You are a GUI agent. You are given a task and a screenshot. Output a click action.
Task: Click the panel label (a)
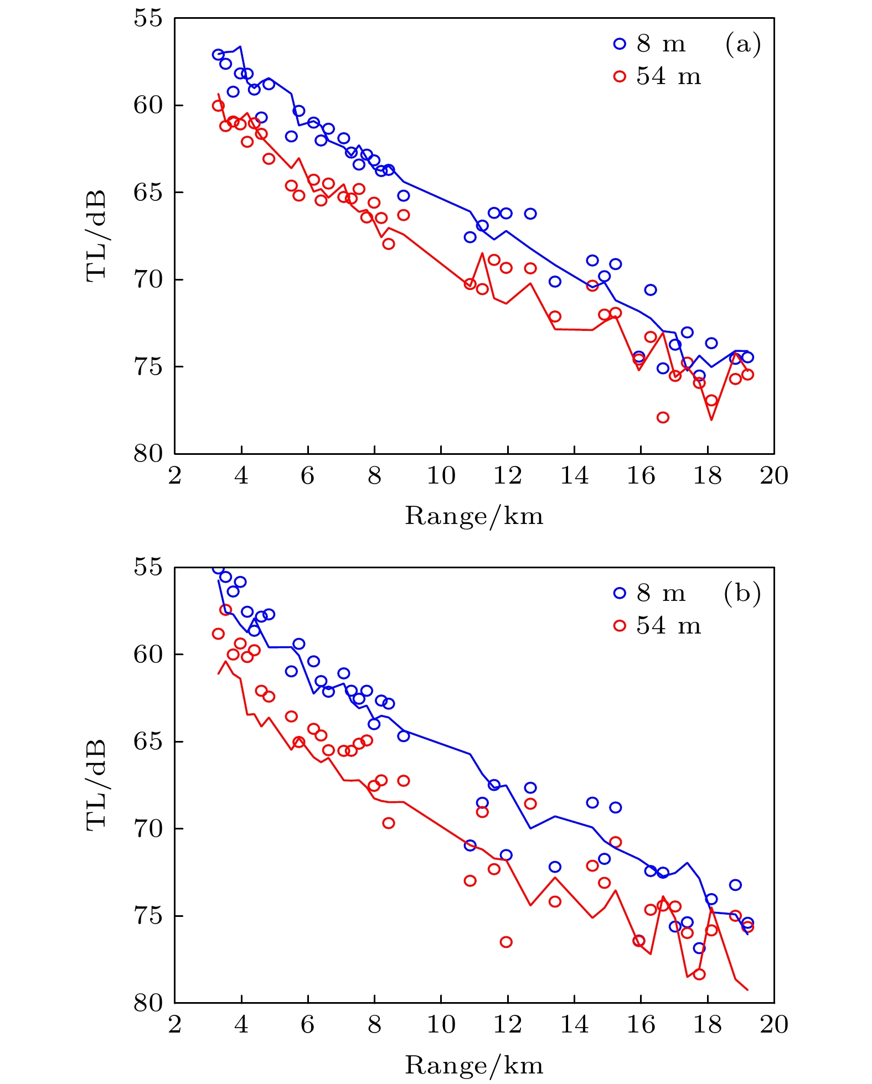(743, 44)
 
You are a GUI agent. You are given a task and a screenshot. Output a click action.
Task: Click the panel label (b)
(742, 593)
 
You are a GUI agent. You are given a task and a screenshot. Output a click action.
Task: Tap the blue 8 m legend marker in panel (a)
(620, 44)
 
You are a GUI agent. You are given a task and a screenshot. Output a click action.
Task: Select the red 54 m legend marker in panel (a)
(620, 76)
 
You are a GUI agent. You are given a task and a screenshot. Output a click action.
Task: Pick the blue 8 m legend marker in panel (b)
(620, 593)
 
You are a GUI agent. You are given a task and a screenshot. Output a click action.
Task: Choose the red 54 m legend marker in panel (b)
(620, 626)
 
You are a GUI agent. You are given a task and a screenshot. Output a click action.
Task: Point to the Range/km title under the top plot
(474, 516)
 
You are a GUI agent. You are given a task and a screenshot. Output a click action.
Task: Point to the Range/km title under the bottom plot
(474, 1065)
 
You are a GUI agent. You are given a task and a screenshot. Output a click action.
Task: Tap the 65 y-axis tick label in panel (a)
(148, 192)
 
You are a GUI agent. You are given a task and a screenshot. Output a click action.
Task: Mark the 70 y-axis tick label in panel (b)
(148, 828)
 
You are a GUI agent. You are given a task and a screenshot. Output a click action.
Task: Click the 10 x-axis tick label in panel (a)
(441, 476)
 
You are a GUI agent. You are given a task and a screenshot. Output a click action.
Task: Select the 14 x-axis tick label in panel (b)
(574, 1025)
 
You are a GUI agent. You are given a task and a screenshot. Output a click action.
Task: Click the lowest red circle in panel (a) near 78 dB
(663, 417)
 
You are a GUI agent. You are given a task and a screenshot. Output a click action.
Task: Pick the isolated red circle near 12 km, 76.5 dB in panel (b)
(506, 942)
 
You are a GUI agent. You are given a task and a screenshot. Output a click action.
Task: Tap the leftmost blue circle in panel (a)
(218, 54)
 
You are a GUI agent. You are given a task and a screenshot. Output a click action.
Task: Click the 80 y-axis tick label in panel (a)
(148, 454)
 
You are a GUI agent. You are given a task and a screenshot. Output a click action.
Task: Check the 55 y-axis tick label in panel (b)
(148, 567)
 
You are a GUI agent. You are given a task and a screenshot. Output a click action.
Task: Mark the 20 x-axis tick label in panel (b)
(773, 1025)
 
